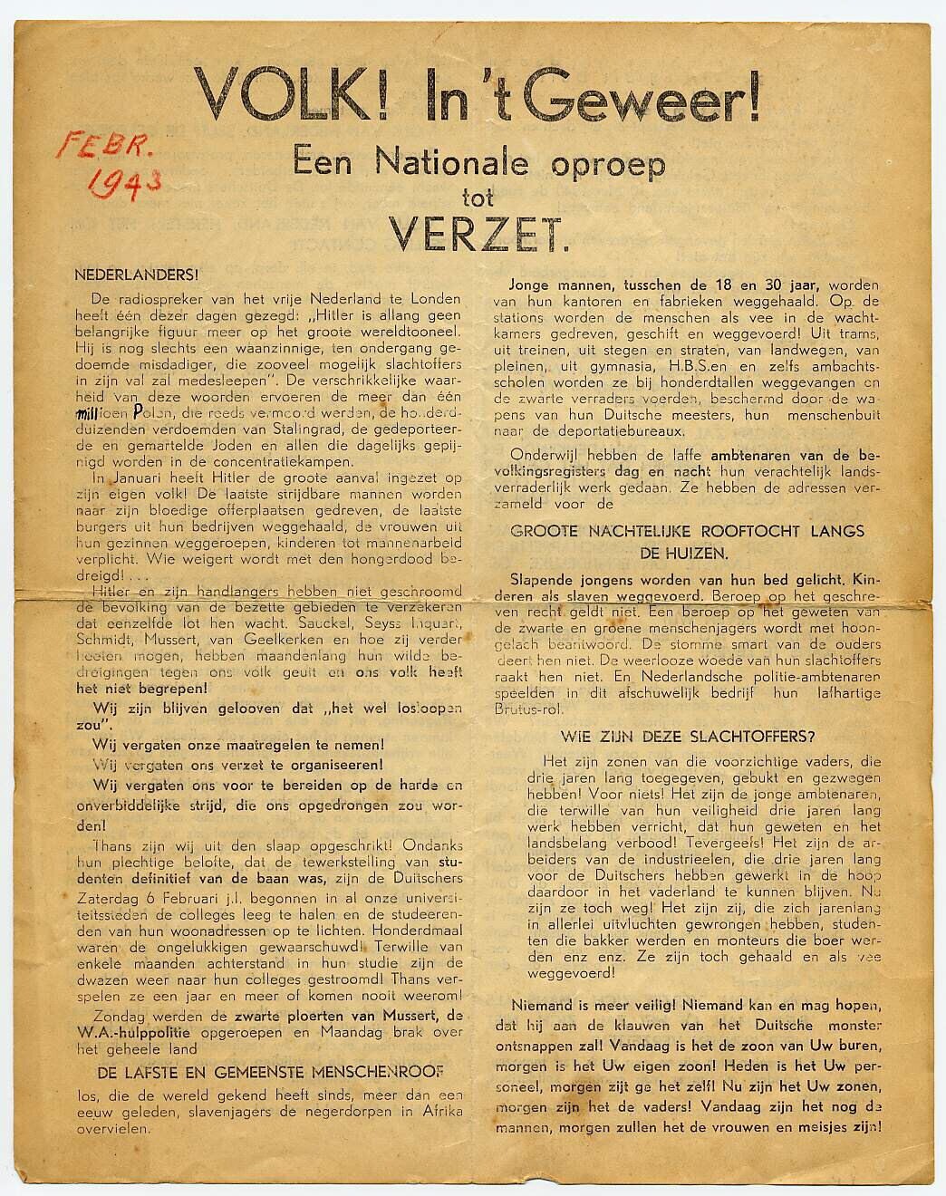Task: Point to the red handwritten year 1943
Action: [124, 181]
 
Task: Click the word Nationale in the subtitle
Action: [451, 163]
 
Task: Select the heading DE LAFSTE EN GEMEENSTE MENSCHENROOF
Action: [270, 1072]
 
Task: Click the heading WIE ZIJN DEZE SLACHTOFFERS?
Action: [687, 737]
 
